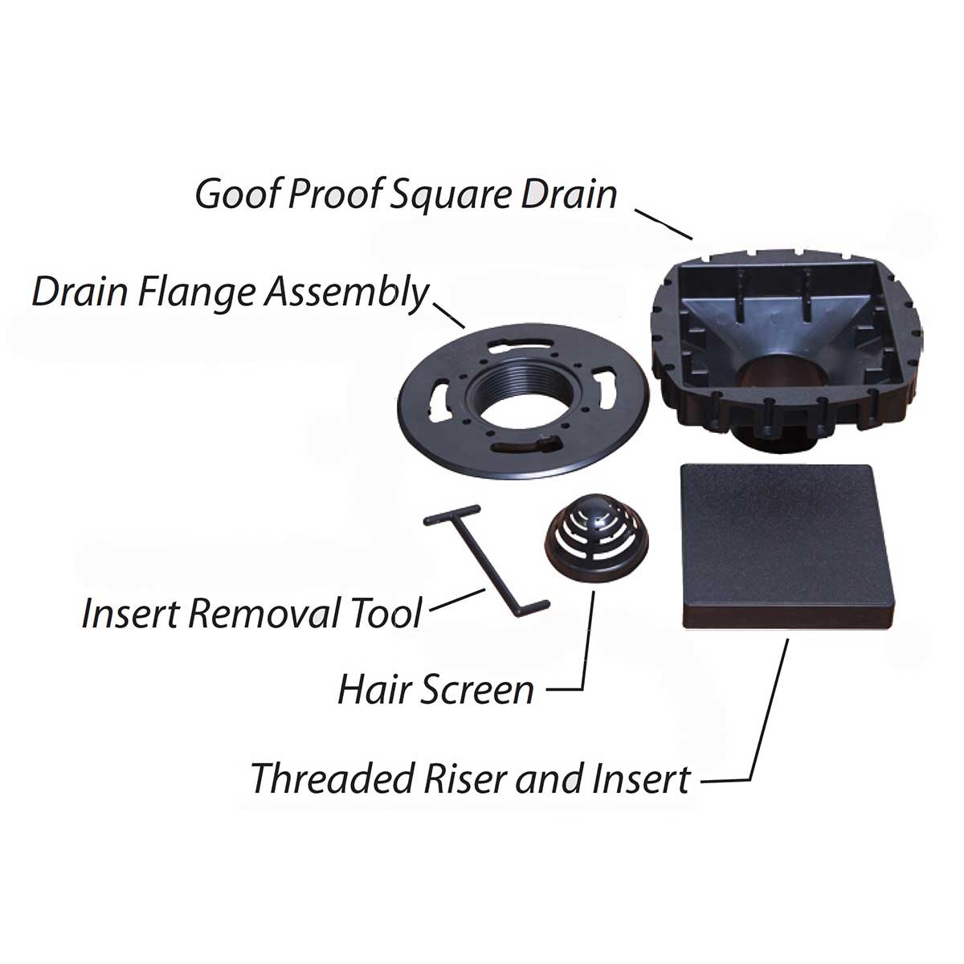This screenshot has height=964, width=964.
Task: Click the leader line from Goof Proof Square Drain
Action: coord(663,224)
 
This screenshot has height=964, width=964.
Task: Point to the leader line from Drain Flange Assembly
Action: coord(450,315)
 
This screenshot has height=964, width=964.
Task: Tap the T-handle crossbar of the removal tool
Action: coord(452,513)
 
